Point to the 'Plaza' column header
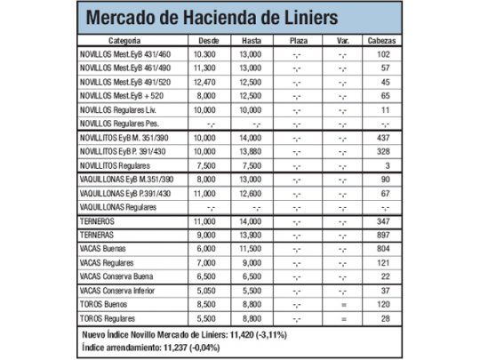(298, 40)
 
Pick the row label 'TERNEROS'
(95, 219)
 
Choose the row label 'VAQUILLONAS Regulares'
(117, 206)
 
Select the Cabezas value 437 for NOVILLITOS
(385, 138)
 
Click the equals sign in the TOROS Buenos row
(342, 303)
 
